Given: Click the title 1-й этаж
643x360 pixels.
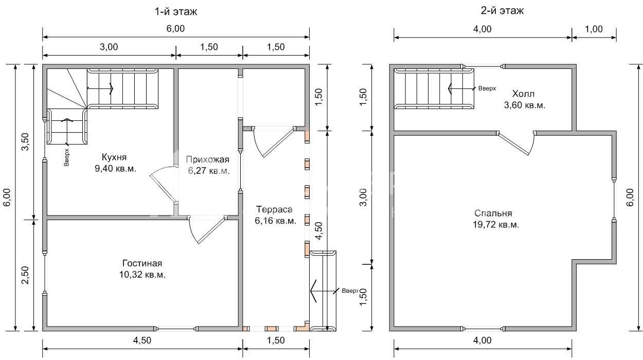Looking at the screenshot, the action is click(x=176, y=11).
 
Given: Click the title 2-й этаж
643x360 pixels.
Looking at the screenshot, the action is click(x=502, y=11).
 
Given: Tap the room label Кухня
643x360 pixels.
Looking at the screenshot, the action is click(x=114, y=157).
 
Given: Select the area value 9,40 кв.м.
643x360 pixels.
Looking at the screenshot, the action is click(x=115, y=168).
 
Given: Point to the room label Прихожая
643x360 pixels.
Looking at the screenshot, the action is click(x=207, y=159).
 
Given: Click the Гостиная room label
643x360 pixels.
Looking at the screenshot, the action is click(x=142, y=263).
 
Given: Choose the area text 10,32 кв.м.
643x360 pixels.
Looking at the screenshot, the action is click(x=142, y=275).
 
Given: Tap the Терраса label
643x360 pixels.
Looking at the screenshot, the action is click(x=274, y=209).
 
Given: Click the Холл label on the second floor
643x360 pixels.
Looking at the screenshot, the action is click(x=523, y=94).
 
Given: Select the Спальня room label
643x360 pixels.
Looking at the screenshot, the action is click(x=493, y=213).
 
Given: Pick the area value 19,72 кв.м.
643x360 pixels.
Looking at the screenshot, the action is click(x=496, y=225).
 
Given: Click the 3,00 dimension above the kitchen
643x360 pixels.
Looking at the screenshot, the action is click(x=109, y=47).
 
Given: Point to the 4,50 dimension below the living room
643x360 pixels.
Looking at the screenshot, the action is click(x=142, y=340).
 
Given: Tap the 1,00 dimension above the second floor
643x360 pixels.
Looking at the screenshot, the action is click(x=594, y=29).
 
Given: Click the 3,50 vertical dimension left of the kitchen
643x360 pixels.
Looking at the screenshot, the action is click(x=25, y=141).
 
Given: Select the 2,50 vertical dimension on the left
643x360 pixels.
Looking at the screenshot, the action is click(x=25, y=275).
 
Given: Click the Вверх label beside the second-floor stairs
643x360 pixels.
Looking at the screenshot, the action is click(x=487, y=88).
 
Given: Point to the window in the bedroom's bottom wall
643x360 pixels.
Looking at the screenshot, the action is click(x=483, y=329).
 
